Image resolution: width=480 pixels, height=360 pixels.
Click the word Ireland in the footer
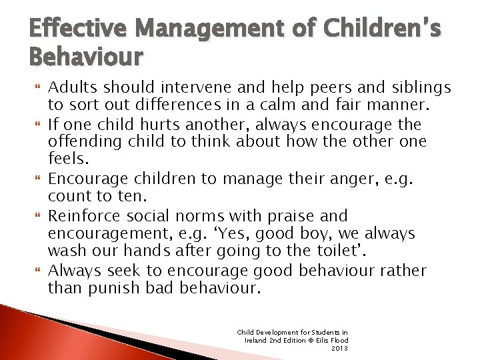click(257, 340)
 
